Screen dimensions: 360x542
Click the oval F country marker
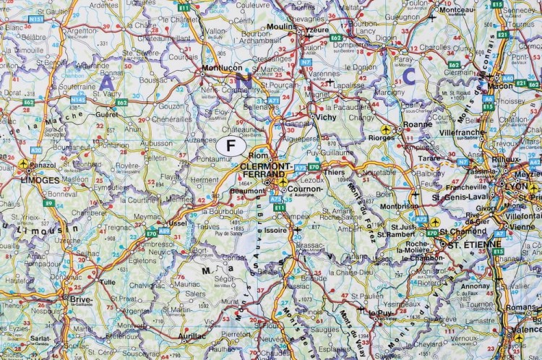coord(231,145)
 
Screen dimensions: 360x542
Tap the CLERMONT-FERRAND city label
coord(264,170)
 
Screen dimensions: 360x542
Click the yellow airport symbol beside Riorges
coord(386,130)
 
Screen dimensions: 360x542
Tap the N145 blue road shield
coord(78,98)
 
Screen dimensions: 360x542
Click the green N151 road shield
coord(35,19)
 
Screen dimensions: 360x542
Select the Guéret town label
coord(106,114)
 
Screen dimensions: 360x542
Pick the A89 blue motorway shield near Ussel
coord(164,231)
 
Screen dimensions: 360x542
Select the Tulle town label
coord(108,282)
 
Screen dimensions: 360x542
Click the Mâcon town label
coord(500,85)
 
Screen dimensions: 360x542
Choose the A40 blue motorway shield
coord(508,78)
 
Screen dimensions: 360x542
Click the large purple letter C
coord(410,74)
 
